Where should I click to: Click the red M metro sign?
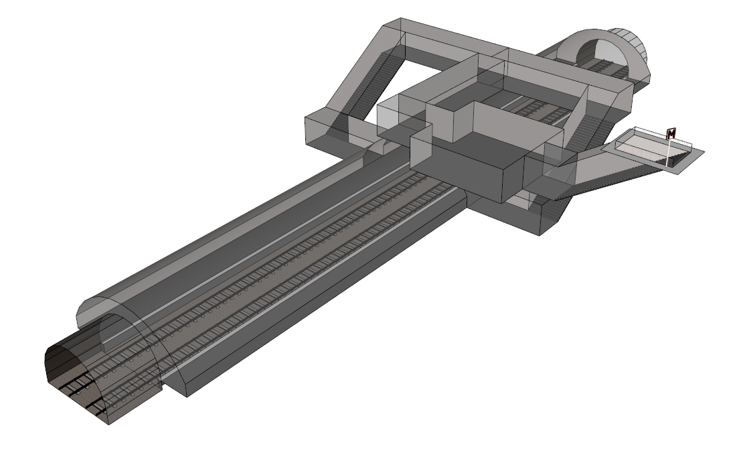[671, 133]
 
